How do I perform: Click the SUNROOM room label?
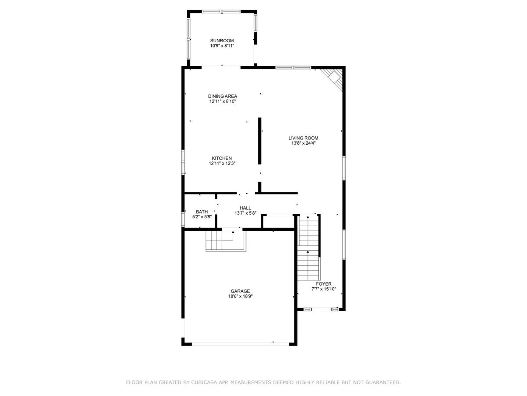(x=222, y=41)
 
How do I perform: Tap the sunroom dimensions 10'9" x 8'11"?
(x=222, y=46)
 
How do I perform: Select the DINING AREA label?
(x=222, y=96)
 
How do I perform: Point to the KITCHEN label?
(x=222, y=158)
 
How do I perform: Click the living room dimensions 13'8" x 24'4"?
(x=303, y=143)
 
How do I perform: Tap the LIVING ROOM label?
(x=303, y=138)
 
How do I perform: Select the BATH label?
(x=202, y=212)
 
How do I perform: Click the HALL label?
(x=245, y=208)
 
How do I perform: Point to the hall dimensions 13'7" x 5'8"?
(x=245, y=213)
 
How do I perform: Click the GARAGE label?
(x=240, y=291)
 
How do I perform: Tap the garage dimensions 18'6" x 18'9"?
(x=240, y=296)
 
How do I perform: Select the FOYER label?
(x=324, y=284)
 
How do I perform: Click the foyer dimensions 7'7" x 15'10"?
(x=324, y=289)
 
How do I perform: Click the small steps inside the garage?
(x=226, y=241)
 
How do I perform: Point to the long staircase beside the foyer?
(x=309, y=248)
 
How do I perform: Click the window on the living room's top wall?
(x=293, y=67)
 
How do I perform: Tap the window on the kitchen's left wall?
(x=183, y=162)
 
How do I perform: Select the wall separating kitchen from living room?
(x=260, y=141)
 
